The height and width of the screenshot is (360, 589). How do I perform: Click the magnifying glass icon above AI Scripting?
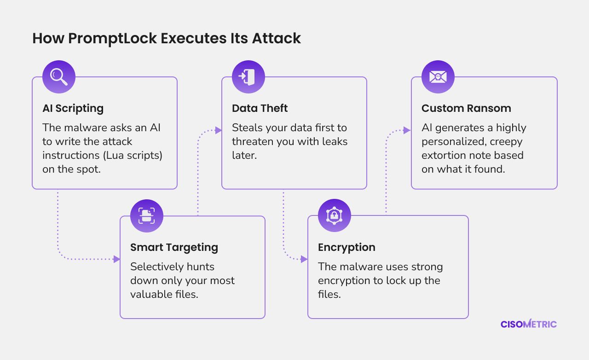(x=59, y=77)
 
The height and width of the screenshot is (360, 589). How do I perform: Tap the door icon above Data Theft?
(x=248, y=77)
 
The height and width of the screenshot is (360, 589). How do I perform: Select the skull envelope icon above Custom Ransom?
(x=438, y=77)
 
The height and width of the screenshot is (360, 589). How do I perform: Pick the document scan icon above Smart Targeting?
(x=147, y=216)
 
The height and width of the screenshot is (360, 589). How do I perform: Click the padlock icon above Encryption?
(x=335, y=215)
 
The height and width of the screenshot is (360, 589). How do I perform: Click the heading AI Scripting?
(x=73, y=109)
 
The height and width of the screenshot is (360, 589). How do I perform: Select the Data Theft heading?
(x=260, y=108)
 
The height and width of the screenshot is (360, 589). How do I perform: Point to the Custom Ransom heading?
(x=466, y=108)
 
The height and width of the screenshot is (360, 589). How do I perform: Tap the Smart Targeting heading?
(x=174, y=247)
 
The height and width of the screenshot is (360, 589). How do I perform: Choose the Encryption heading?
(x=346, y=247)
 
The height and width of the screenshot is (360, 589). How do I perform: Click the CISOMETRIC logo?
(x=529, y=324)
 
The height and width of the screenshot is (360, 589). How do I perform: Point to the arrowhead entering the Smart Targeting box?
(x=116, y=259)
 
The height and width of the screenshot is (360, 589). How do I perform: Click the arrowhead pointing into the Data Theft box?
(x=218, y=130)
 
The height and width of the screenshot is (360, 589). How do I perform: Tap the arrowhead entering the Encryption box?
(x=304, y=259)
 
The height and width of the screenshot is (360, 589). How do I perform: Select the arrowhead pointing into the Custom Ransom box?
(x=407, y=130)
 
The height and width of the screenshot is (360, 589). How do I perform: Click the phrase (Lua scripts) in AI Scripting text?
(x=133, y=156)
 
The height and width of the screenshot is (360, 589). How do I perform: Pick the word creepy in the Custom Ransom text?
(x=506, y=142)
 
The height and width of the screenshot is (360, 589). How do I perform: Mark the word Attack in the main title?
(x=277, y=38)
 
